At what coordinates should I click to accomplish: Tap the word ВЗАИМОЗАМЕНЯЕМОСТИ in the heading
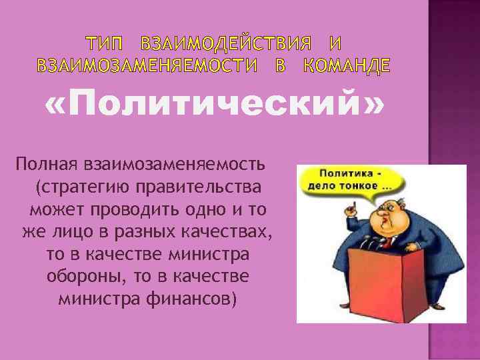point(146,66)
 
